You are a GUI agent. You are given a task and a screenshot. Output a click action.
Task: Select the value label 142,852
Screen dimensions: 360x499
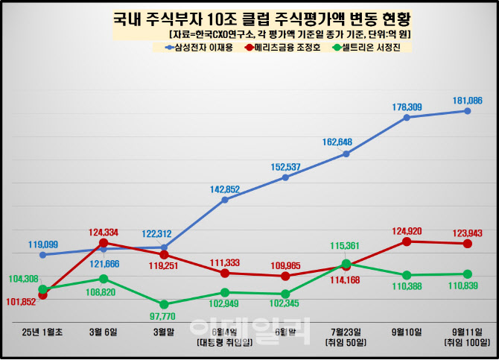click(225, 189)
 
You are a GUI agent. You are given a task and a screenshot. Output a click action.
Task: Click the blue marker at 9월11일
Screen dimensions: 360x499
click(467, 111)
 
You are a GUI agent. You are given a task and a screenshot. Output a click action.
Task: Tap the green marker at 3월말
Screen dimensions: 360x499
click(164, 304)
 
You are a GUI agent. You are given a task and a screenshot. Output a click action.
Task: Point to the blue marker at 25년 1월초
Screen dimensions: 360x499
click(43, 255)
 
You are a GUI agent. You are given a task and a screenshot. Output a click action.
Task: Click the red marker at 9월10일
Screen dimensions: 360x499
click(407, 241)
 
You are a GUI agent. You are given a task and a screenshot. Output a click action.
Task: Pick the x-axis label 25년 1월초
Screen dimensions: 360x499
click(43, 332)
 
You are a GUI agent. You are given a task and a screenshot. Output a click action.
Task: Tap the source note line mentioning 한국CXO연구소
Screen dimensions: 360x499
click(290, 34)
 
